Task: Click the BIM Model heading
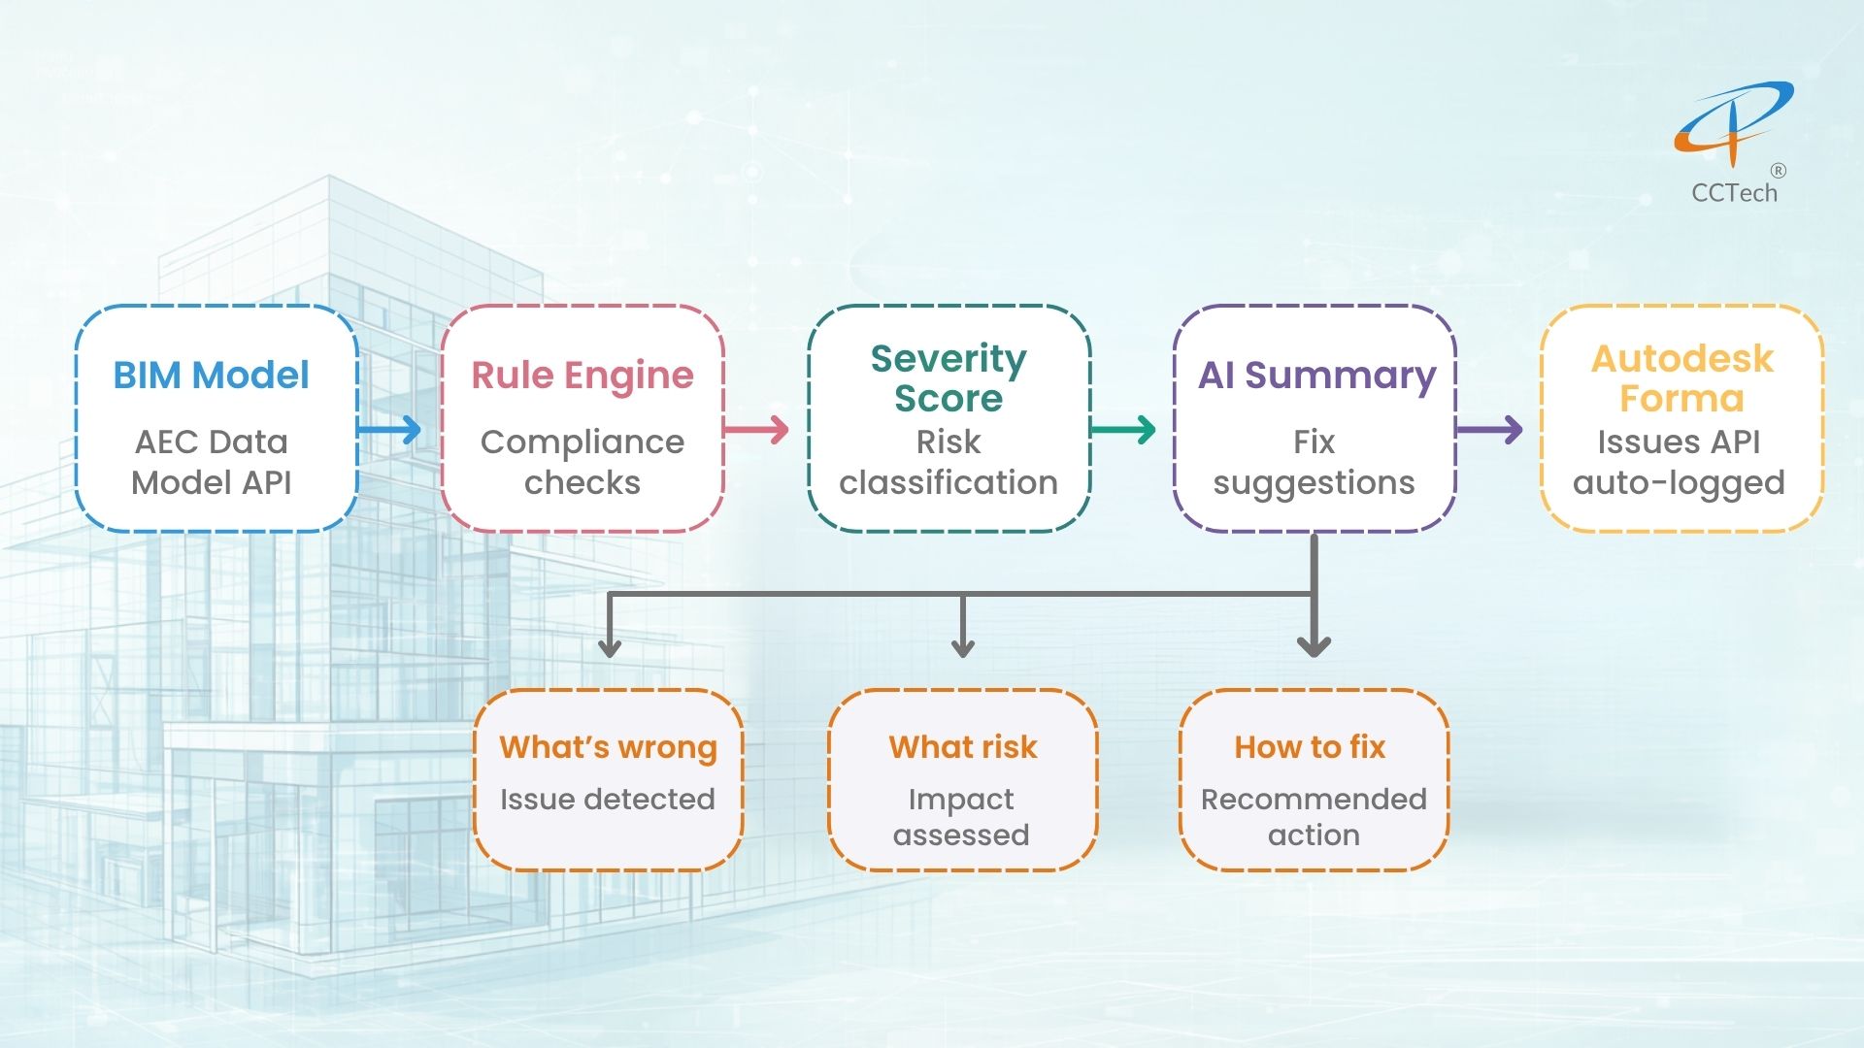(211, 376)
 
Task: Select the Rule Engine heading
(582, 376)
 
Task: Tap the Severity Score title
(949, 378)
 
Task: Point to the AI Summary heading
(1316, 376)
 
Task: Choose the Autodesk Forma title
(1681, 378)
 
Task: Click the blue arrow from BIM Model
(389, 429)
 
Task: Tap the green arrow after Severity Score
(1123, 429)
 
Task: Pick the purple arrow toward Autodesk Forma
(1489, 429)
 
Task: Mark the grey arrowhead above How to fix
(1314, 645)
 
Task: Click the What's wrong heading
(608, 747)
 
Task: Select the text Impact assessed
(961, 817)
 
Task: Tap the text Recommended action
(1314, 817)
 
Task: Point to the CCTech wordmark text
(1734, 193)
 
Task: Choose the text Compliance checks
(582, 462)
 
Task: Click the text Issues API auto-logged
(1679, 462)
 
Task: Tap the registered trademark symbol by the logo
(1778, 171)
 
